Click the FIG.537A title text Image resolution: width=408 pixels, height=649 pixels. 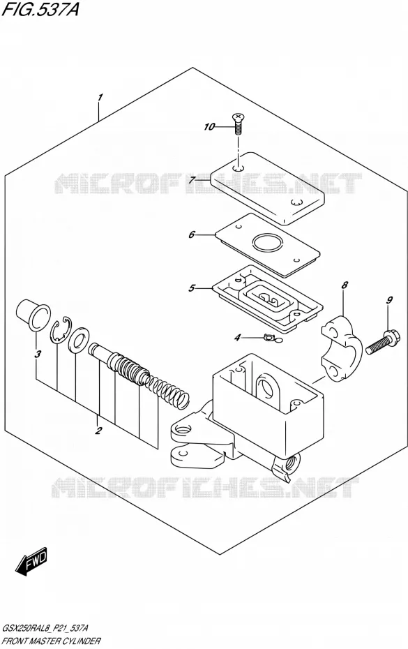pyautogui.click(x=40, y=9)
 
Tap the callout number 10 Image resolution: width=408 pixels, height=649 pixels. pyautogui.click(x=209, y=126)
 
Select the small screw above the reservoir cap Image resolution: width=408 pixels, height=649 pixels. pyautogui.click(x=237, y=124)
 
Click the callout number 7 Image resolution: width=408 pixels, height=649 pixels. pyautogui.click(x=192, y=181)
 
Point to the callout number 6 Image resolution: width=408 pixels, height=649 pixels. pyautogui.click(x=191, y=234)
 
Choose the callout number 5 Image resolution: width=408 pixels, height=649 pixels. pyautogui.click(x=191, y=288)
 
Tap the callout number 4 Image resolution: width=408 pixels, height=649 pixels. pyautogui.click(x=236, y=338)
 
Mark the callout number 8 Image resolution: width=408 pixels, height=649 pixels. pyautogui.click(x=345, y=285)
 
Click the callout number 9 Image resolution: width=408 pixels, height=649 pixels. pyautogui.click(x=389, y=300)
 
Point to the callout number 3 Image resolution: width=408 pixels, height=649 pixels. pyautogui.click(x=38, y=354)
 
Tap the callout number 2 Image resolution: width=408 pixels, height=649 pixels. pyautogui.click(x=98, y=431)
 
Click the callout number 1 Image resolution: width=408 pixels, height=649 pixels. pyautogui.click(x=100, y=98)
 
